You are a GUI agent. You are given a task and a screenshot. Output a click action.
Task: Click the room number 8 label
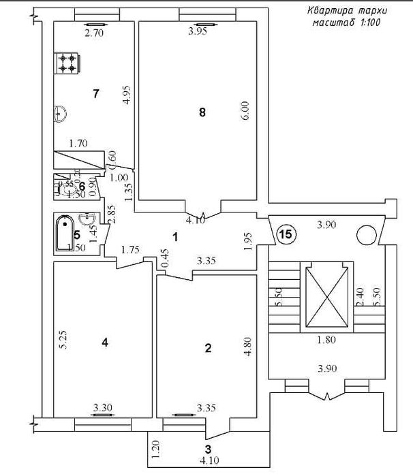tap(202, 113)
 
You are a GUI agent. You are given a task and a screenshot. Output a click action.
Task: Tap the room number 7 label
tap(96, 94)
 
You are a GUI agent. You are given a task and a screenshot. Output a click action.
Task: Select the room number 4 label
tap(104, 343)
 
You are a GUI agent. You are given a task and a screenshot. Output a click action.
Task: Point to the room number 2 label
tap(208, 348)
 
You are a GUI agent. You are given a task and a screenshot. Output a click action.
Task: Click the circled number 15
tap(286, 234)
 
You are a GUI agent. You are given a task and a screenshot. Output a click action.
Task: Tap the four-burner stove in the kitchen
tap(67, 63)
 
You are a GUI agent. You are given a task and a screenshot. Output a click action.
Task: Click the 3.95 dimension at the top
tap(197, 31)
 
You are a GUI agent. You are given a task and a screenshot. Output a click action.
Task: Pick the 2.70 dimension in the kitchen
tap(93, 31)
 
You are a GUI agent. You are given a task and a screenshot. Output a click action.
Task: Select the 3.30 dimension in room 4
tap(103, 408)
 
